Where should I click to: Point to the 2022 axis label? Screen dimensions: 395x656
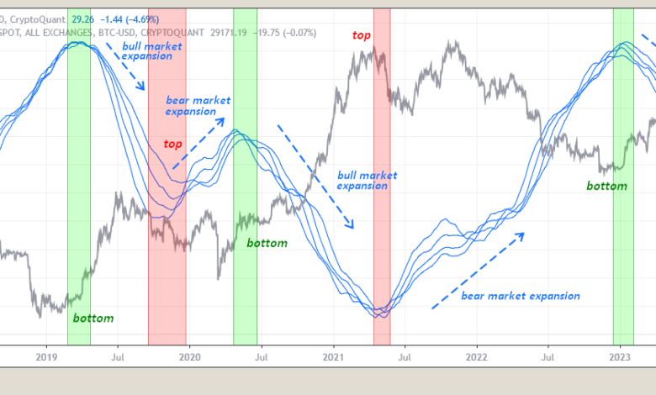[x=477, y=356]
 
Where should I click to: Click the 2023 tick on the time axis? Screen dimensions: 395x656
[x=621, y=356]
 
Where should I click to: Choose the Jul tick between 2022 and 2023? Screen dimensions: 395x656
[x=548, y=356]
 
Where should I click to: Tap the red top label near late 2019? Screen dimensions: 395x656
[x=172, y=144]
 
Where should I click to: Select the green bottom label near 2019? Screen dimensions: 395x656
[x=93, y=319]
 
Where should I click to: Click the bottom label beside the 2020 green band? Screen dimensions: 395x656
[x=267, y=243]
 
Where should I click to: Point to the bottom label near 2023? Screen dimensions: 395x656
[x=607, y=186]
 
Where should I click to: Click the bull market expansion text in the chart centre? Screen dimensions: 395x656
[x=368, y=180]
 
